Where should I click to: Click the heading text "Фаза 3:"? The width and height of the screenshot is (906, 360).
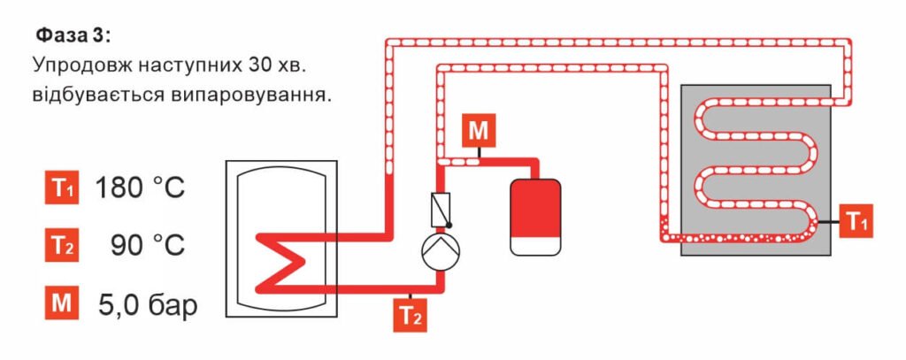tap(73, 36)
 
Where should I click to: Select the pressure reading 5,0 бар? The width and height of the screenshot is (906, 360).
tap(148, 305)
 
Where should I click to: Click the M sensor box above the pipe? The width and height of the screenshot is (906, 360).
tap(478, 132)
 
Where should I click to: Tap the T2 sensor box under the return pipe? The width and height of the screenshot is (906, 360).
tap(411, 316)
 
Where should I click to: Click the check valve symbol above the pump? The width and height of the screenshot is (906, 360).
tap(441, 209)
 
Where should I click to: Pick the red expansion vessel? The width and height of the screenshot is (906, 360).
tap(536, 208)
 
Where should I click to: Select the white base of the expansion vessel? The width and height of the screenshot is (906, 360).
tap(536, 246)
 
